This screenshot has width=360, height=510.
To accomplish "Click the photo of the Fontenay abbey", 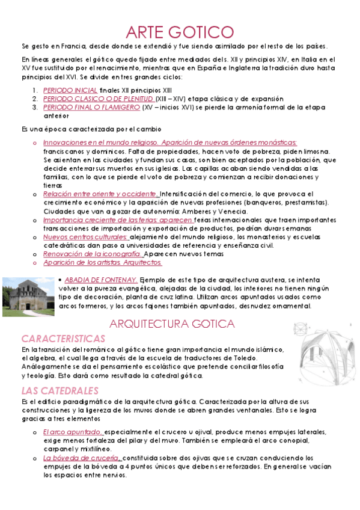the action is point(28,296).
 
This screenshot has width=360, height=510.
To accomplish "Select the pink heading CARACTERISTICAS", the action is point(63,339).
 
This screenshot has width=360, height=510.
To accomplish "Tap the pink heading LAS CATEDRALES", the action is point(59,390).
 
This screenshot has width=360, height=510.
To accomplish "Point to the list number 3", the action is point(35,107).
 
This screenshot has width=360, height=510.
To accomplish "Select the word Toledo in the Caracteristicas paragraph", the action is point(251,358).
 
